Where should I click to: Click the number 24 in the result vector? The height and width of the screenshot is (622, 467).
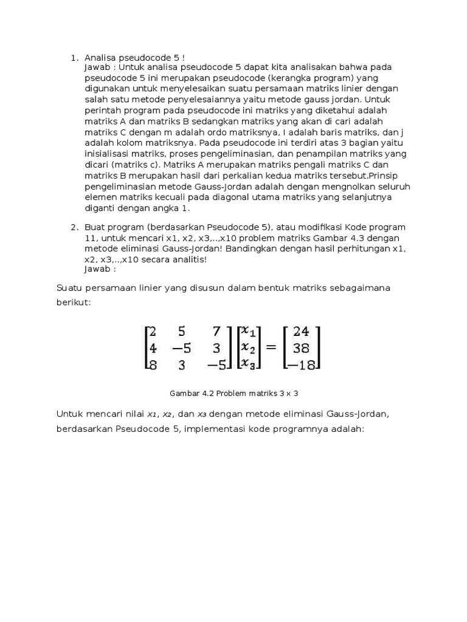click(300, 332)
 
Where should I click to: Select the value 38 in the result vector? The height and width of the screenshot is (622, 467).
click(301, 348)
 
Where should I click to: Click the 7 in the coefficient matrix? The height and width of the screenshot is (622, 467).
click(216, 332)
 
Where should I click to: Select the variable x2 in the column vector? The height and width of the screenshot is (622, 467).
click(248, 347)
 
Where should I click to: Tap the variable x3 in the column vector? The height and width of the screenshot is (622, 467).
click(248, 364)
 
